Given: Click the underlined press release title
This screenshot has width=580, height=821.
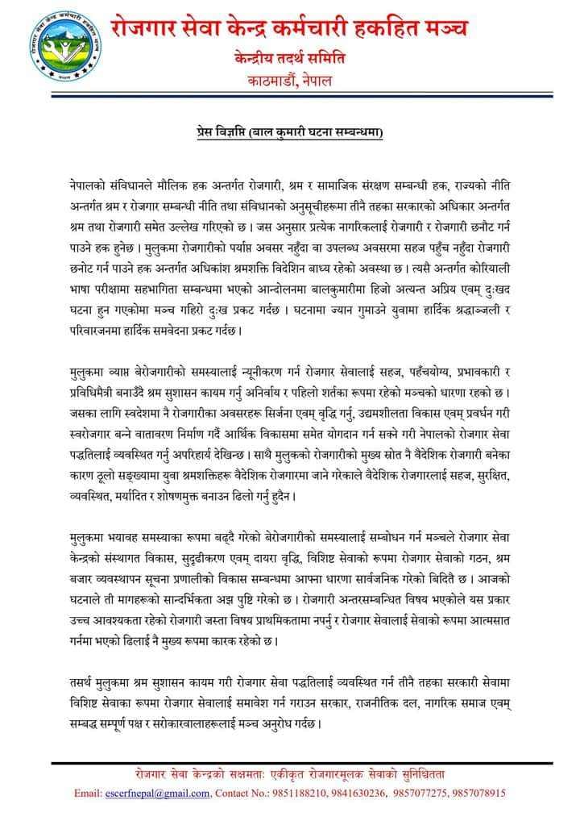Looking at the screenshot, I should pyautogui.click(x=290, y=129).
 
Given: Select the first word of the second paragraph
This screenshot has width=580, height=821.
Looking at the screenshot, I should pyautogui.click(x=87, y=372).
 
